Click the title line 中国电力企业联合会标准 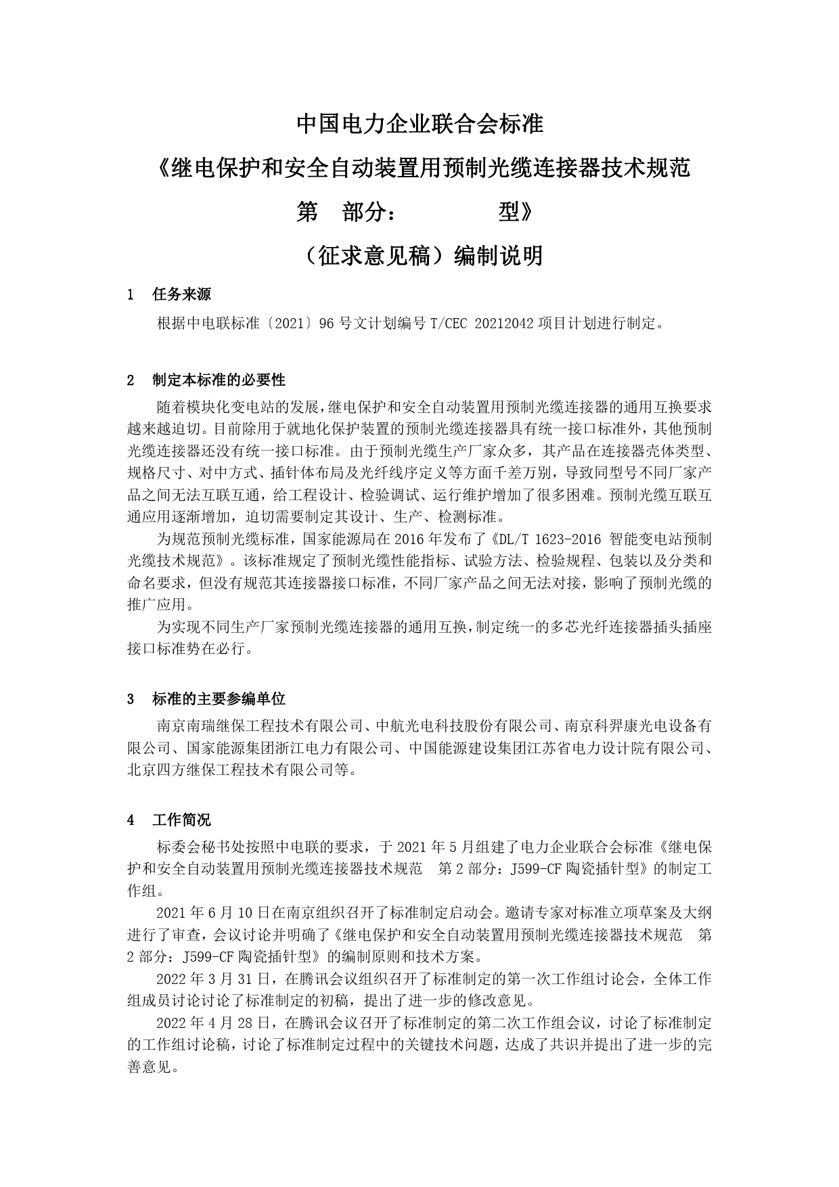point(419,125)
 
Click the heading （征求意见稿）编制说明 point(419,256)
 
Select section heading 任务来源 point(181,294)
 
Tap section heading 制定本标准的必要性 point(219,380)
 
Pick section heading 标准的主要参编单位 point(219,698)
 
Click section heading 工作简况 point(181,820)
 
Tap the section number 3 point(131,698)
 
